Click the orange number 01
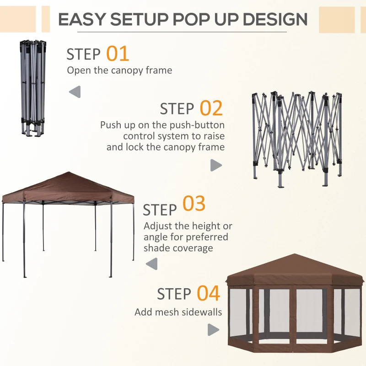[x=118, y=54]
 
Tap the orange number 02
[x=211, y=108]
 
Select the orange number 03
[x=194, y=205]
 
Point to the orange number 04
[x=209, y=293]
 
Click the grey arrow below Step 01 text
[x=75, y=91]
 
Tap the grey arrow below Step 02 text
[x=216, y=165]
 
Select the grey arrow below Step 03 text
[x=151, y=263]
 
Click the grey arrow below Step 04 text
[x=213, y=329]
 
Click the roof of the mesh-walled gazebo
[x=295, y=268]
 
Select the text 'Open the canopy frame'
[x=119, y=70]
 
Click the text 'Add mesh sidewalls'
[x=178, y=312]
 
